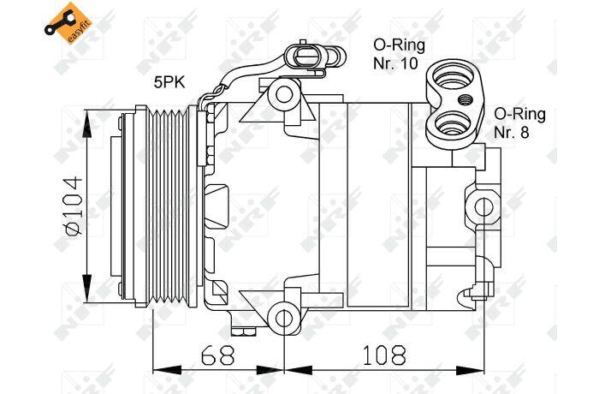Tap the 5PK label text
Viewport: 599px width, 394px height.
click(x=169, y=82)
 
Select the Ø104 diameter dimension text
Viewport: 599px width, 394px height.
click(x=74, y=206)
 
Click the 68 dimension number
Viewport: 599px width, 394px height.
click(x=217, y=355)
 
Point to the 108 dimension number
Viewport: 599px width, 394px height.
click(x=383, y=355)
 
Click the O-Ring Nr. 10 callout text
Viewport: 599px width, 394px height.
click(x=399, y=54)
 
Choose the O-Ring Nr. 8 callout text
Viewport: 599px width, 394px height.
click(x=519, y=122)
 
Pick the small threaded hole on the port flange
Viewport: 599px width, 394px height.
click(x=465, y=100)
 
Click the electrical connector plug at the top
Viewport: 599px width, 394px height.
click(x=315, y=57)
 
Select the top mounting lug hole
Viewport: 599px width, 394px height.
click(x=284, y=94)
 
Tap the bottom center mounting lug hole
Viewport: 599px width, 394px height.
click(x=284, y=319)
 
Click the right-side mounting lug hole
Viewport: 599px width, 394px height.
click(x=483, y=206)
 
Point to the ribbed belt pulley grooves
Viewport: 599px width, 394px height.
click(x=168, y=206)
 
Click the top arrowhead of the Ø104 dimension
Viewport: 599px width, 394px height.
click(x=87, y=123)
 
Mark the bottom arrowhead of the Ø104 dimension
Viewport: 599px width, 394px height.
click(x=87, y=290)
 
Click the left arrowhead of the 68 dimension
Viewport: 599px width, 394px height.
click(x=167, y=370)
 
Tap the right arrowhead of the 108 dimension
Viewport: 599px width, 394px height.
click(x=470, y=370)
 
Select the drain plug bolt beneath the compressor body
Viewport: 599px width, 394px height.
click(x=243, y=331)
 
